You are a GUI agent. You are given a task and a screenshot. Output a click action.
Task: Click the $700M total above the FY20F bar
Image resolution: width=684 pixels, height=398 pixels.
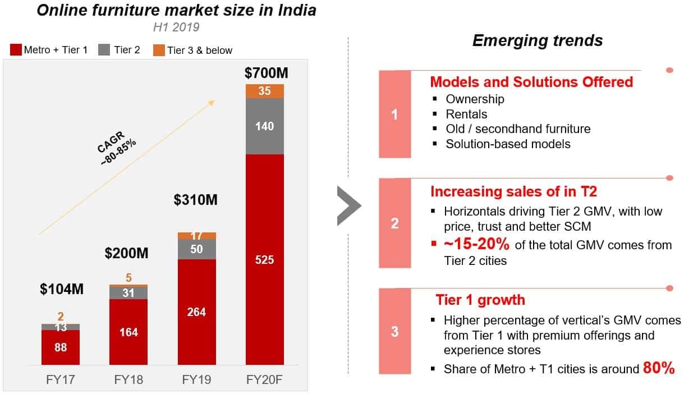pos(264,73)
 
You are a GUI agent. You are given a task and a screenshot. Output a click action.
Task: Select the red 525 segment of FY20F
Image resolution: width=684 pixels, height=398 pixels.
pos(264,259)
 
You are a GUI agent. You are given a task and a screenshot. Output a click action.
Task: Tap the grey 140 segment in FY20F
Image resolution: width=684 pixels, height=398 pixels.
pos(264,126)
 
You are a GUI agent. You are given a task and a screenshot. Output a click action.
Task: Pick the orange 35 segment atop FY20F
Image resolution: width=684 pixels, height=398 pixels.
pos(264,91)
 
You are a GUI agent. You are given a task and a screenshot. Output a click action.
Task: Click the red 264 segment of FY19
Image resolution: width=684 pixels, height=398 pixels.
pos(196,312)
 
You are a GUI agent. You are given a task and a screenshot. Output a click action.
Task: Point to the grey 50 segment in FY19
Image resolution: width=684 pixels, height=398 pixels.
pos(196,249)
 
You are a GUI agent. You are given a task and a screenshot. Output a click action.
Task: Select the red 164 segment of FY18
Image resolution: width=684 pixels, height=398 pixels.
pos(128,332)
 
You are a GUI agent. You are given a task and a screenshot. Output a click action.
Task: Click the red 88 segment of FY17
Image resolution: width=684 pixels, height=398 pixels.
pos(61,347)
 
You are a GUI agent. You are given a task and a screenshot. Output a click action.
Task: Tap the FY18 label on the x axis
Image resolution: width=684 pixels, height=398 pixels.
pos(128,379)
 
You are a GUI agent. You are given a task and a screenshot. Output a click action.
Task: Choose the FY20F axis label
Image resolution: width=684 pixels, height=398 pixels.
pos(264,379)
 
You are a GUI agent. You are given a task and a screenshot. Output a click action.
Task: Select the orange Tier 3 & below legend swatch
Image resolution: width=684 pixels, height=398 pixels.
pos(158,50)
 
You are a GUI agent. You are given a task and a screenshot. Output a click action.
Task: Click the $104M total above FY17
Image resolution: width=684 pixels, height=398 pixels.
pos(61,290)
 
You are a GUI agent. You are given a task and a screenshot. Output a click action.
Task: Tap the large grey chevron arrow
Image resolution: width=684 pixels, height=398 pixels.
pos(349,206)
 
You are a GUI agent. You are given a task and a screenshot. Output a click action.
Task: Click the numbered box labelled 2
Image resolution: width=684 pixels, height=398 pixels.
pos(394,223)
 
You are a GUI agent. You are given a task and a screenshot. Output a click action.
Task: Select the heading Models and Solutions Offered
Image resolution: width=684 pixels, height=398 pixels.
pos(531,82)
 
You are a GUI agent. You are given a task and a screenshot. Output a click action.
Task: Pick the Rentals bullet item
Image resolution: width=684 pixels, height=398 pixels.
pos(466,114)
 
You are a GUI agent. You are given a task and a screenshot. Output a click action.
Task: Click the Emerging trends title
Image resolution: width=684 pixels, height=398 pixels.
pos(537,40)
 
